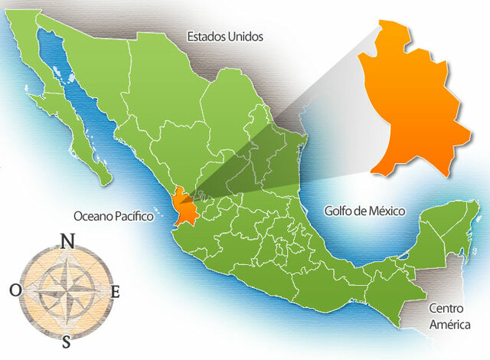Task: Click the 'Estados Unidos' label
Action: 225,36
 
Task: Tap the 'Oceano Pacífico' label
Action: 113,217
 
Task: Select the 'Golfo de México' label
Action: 364,211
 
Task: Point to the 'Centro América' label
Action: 449,316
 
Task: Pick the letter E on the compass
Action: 116,291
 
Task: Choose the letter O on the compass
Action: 15,290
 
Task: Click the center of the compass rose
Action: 66,291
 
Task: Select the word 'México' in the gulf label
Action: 385,211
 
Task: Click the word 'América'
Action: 449,324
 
